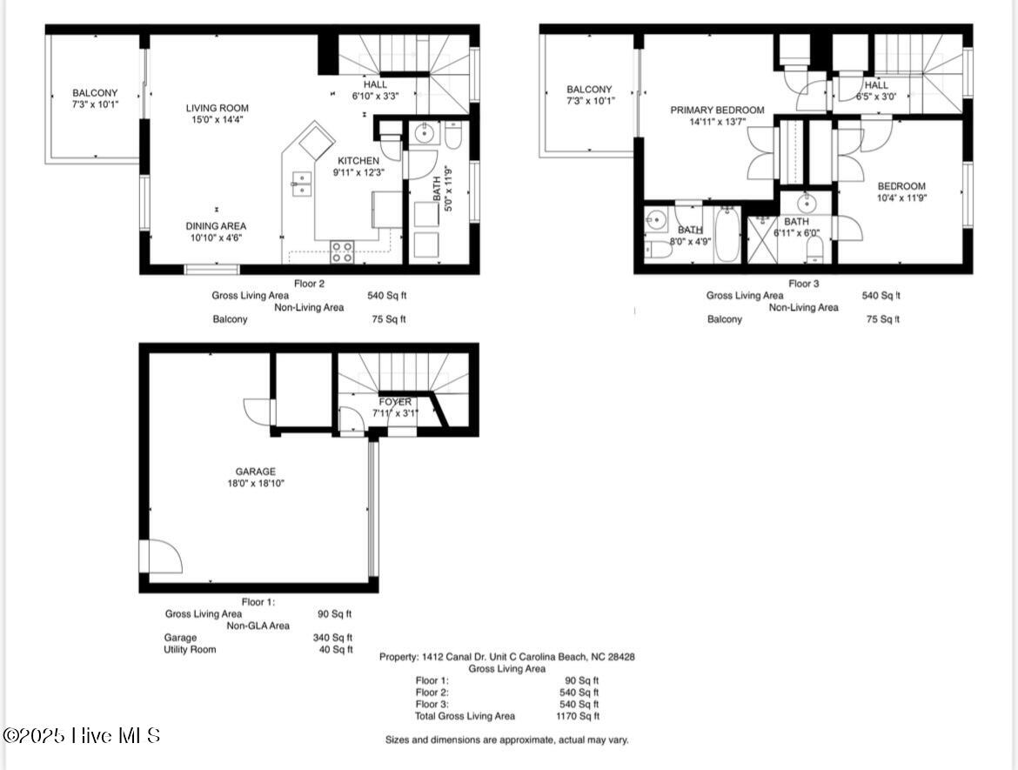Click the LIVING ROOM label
point(217,109)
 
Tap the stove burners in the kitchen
point(342,252)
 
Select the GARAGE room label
point(254,472)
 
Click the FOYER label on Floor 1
point(395,402)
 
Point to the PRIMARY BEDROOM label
point(717,110)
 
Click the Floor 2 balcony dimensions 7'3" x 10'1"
point(95,104)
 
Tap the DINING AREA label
point(217,226)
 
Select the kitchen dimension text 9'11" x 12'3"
point(358,172)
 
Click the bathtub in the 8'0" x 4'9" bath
point(727,235)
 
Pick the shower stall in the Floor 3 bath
point(764,241)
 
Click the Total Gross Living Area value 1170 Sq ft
point(578,716)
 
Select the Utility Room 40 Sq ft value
point(335,649)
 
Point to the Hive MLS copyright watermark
point(82,736)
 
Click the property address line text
point(506,657)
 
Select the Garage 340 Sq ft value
point(332,637)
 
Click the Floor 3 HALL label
point(876,85)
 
